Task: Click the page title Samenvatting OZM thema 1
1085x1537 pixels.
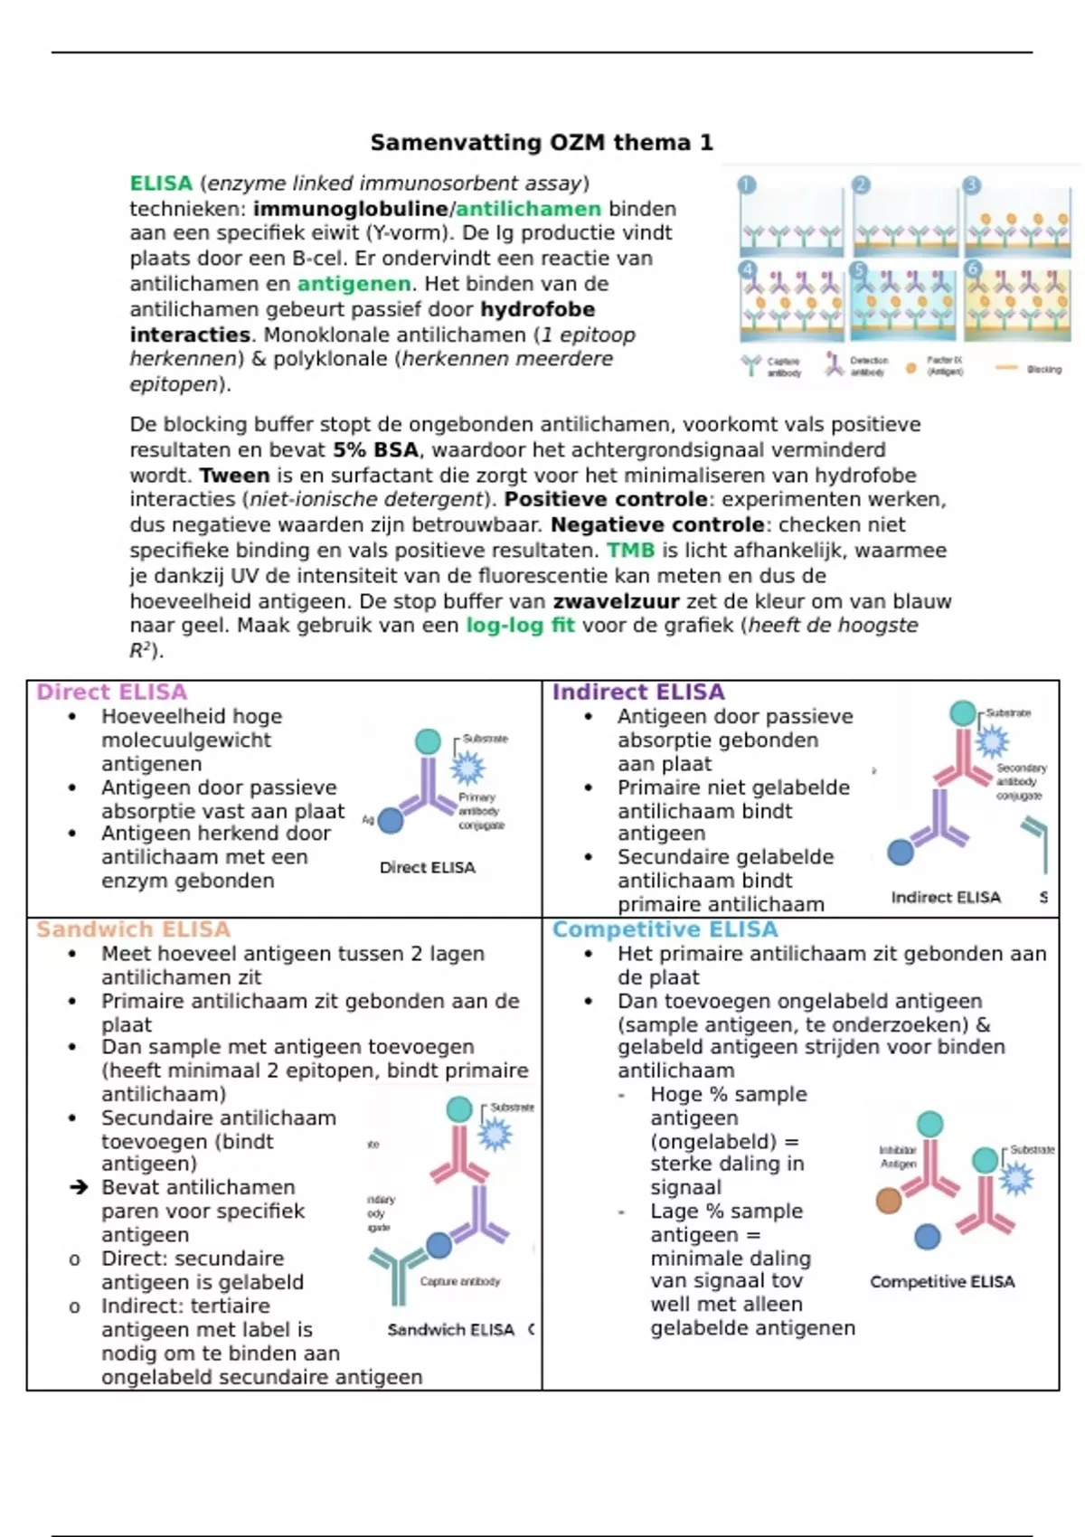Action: [542, 143]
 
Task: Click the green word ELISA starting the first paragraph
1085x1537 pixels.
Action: [161, 184]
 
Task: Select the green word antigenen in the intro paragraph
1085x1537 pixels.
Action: [354, 284]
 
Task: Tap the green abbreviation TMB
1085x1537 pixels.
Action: [630, 551]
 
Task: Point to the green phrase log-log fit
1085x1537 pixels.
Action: [520, 626]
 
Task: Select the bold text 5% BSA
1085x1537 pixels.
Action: [375, 450]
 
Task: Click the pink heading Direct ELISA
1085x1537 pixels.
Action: [111, 693]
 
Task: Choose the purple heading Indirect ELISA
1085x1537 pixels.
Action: [638, 693]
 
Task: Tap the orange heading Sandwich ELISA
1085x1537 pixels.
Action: [133, 929]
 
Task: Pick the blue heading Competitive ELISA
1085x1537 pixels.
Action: [665, 929]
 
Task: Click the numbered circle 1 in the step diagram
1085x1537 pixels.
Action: [747, 185]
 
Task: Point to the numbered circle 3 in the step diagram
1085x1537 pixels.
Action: [972, 185]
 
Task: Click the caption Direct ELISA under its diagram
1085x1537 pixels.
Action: [427, 868]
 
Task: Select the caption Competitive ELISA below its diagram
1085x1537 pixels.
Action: [941, 1282]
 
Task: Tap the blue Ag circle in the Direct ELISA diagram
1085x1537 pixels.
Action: [391, 821]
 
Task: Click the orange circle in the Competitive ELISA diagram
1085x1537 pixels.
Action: [889, 1200]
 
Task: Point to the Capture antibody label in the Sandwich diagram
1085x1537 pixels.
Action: [459, 1281]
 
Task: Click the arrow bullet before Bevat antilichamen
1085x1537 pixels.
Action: [80, 1187]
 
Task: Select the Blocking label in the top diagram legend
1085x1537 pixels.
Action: [1043, 370]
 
